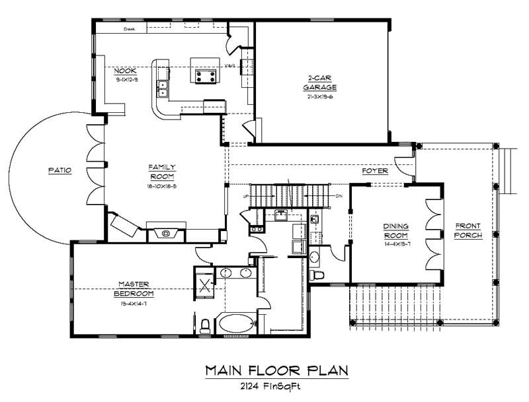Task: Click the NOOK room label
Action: pyautogui.click(x=126, y=71)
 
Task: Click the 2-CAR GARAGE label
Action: pyautogui.click(x=320, y=82)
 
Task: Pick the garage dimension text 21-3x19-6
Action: pyautogui.click(x=320, y=96)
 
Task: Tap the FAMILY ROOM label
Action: pyautogui.click(x=161, y=172)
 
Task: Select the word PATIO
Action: pyautogui.click(x=59, y=170)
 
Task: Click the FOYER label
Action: pyautogui.click(x=374, y=172)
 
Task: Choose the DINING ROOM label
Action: pyautogui.click(x=395, y=230)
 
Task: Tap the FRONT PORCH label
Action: pyautogui.click(x=468, y=230)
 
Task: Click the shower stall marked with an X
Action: pyautogui.click(x=205, y=286)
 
